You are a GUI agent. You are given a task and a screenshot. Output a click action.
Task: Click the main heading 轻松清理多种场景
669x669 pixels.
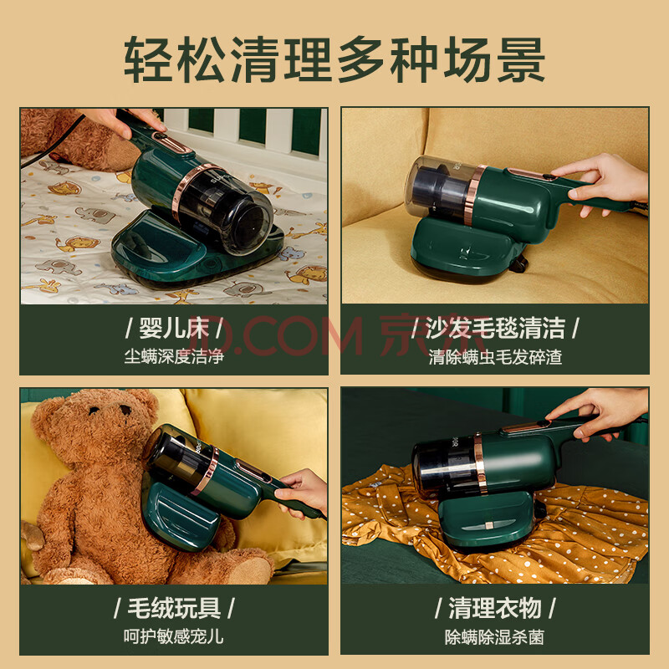(x=334, y=59)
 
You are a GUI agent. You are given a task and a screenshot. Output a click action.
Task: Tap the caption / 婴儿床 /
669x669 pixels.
(x=174, y=329)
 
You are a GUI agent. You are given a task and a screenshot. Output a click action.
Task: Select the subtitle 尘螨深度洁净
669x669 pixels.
(x=174, y=357)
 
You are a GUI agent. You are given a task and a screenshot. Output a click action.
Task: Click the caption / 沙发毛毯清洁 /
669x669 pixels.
(x=495, y=329)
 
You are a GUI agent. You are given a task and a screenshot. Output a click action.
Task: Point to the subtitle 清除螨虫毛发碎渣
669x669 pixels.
(x=495, y=357)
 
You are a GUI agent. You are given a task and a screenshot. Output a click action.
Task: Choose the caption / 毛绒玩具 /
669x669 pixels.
(x=174, y=608)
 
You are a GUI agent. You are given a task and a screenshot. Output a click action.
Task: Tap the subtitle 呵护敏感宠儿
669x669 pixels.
(x=174, y=636)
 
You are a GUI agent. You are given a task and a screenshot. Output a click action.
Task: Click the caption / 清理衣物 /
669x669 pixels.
(x=495, y=608)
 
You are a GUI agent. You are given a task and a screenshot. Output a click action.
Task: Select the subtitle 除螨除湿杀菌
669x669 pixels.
(x=495, y=637)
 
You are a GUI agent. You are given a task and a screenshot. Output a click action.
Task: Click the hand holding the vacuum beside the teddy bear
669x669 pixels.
(x=301, y=492)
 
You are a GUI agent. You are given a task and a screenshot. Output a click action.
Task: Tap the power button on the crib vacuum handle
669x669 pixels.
(x=160, y=136)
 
